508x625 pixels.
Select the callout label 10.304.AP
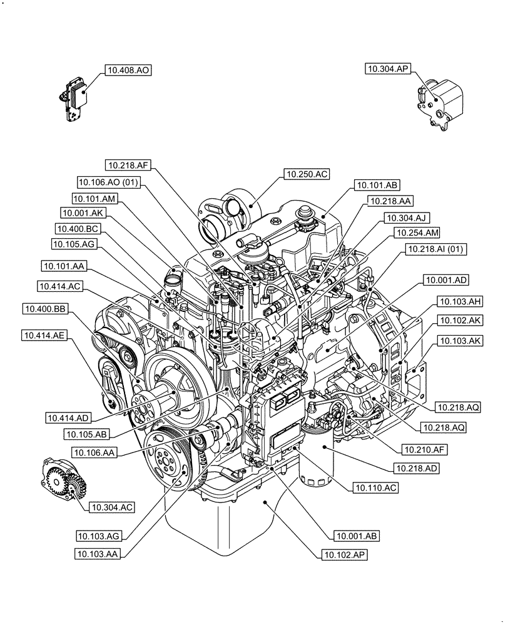point(389,69)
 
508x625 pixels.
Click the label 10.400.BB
point(45,308)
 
